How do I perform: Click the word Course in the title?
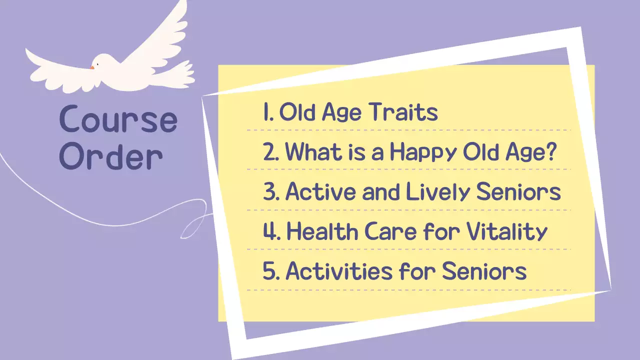point(118,120)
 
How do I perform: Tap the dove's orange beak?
point(92,67)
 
